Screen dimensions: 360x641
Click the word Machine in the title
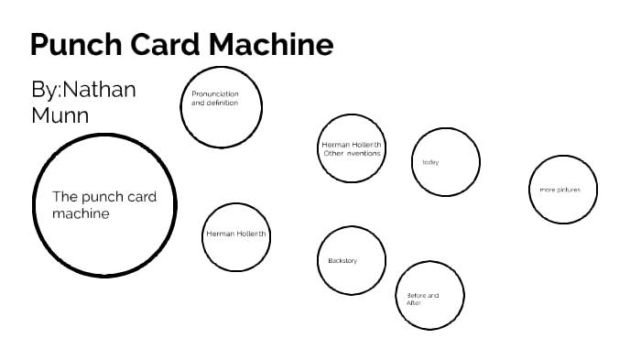(x=270, y=45)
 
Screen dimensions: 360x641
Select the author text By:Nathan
(x=83, y=90)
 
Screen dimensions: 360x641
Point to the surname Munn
(x=60, y=115)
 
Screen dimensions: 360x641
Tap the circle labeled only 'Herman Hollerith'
(x=236, y=235)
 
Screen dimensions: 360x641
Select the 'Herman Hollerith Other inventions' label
(x=352, y=148)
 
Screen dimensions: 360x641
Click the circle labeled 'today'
(x=446, y=163)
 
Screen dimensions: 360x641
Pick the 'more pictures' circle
(x=563, y=190)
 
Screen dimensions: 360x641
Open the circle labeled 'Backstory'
(x=352, y=261)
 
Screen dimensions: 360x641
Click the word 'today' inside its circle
(x=430, y=163)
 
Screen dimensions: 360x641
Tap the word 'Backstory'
(x=342, y=261)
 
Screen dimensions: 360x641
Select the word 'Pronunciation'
(x=215, y=94)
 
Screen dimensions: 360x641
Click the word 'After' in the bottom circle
(x=413, y=302)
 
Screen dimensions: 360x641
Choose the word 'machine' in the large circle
(x=81, y=214)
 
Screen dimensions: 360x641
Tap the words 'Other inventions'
(x=352, y=154)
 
